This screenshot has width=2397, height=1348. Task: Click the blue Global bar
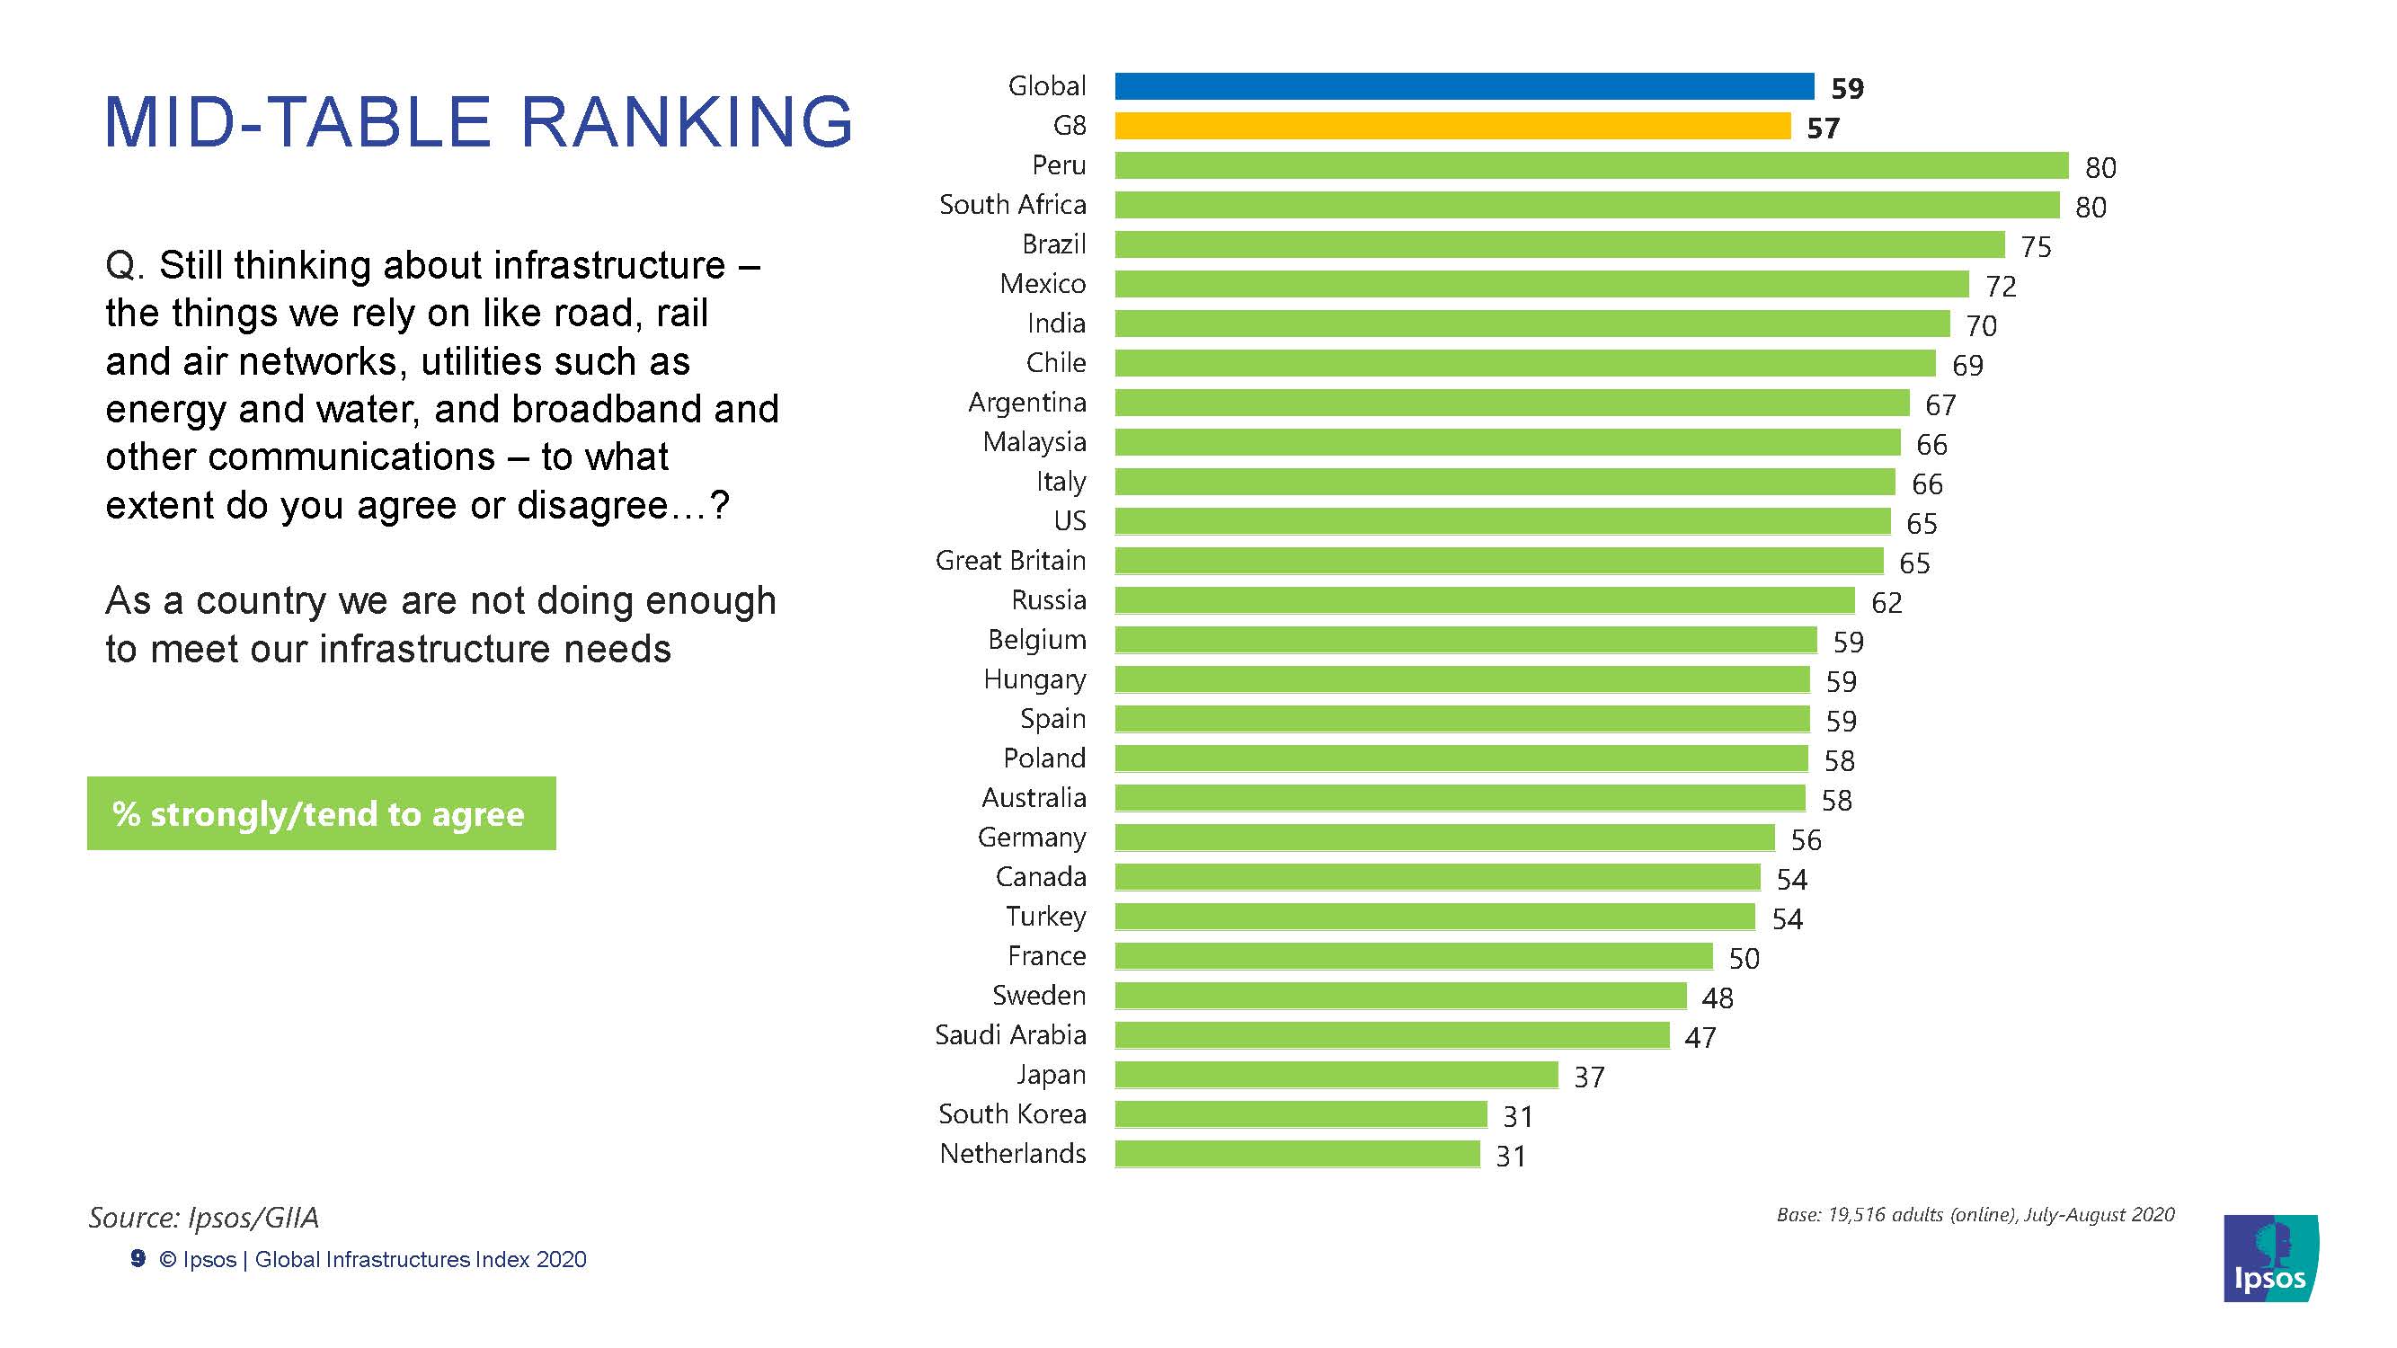coord(1464,86)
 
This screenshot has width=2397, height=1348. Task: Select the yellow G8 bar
coord(1452,126)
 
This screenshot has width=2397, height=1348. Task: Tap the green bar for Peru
coord(1591,165)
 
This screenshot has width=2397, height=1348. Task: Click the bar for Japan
coord(1336,1076)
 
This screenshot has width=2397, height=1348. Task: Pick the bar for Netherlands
coord(1297,1155)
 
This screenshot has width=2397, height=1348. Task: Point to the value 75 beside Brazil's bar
coord(2035,246)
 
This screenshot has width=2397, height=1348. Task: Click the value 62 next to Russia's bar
coord(1887,603)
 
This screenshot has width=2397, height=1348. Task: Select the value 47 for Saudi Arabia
coord(1700,1037)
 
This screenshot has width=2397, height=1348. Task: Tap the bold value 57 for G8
coord(1823,129)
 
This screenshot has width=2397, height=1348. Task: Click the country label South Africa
coord(1012,205)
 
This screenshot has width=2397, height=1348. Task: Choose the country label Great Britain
coord(1010,561)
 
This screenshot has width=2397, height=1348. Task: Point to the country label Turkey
coord(1046,918)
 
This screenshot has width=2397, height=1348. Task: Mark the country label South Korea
coord(1012,1114)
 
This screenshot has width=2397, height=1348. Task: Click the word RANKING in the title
coord(687,122)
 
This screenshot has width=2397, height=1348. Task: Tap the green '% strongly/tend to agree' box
coord(321,814)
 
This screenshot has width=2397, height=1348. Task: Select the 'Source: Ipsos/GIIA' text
coord(204,1218)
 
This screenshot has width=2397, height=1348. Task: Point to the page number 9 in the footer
coord(138,1259)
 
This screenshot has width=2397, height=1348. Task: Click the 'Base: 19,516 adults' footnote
coord(1975,1215)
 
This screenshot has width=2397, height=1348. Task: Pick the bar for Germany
coord(1444,838)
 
